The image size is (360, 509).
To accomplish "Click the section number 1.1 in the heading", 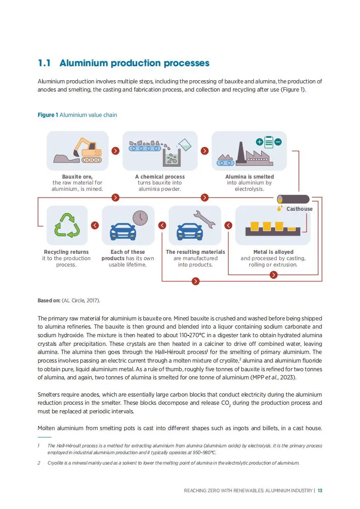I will point(44,63).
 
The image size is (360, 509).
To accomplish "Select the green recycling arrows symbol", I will point(67,225).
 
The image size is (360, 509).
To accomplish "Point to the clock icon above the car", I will point(140,218).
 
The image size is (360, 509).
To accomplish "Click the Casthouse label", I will point(299,209).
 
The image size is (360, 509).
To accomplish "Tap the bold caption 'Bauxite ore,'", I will point(77,176).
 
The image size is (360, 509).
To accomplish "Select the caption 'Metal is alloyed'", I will point(273,252).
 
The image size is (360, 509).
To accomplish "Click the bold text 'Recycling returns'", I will point(66,252).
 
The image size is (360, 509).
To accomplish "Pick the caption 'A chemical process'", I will point(160,176).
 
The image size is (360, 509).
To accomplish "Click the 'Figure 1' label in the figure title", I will point(48,115).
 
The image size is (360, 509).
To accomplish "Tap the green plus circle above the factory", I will point(259,142).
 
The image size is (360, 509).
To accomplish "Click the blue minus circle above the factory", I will point(278,142).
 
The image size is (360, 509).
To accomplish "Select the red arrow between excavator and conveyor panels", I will point(115,150).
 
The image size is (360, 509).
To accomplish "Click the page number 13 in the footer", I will point(320,490).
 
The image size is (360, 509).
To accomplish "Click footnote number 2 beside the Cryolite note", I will point(39,463).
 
